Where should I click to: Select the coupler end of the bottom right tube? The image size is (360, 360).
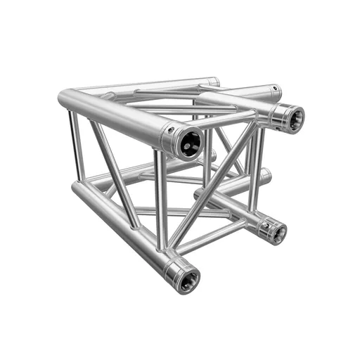(x=272, y=231)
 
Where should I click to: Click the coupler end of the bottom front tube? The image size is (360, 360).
(x=184, y=278)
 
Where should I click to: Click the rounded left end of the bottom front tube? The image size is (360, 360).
(x=75, y=188)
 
